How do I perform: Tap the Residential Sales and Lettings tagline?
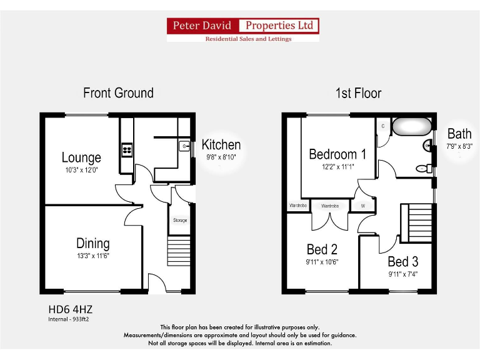249,39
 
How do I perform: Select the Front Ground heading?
118,93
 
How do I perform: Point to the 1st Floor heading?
358,93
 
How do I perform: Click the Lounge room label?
81,157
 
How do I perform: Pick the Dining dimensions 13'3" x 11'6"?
93,256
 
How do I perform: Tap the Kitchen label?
221,145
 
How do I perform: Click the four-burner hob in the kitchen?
127,149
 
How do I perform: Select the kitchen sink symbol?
185,146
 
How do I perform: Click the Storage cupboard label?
180,221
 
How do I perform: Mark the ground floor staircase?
178,251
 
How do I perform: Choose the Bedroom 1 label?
337,154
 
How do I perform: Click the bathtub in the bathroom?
411,127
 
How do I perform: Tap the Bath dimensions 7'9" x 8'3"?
459,146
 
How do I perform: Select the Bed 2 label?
322,250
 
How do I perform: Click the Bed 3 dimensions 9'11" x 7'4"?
402,274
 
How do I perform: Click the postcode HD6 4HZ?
71,309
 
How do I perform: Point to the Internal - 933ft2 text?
72,319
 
